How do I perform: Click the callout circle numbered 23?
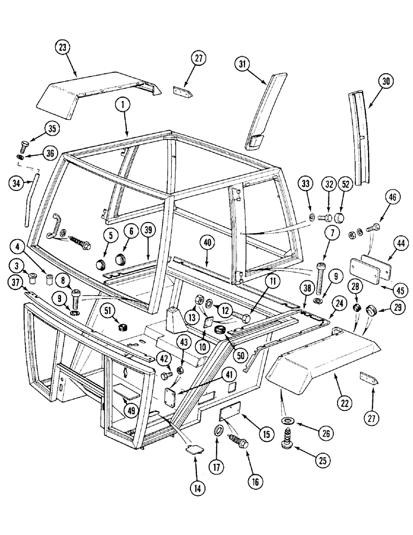click(63, 47)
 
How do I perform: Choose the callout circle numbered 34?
click(18, 184)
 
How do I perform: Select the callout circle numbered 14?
click(196, 490)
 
